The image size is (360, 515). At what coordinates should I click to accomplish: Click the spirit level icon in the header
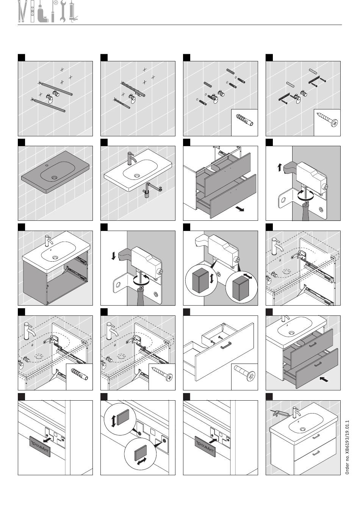(x=33, y=11)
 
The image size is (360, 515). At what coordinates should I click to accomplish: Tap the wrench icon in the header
(x=63, y=11)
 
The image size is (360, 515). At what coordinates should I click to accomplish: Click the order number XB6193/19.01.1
(x=347, y=447)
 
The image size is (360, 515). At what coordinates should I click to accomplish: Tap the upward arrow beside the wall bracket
(x=279, y=167)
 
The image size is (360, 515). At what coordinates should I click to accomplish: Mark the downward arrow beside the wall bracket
(x=113, y=256)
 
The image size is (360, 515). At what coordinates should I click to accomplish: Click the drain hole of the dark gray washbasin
(x=55, y=178)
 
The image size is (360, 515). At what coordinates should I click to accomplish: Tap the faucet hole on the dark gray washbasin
(x=47, y=165)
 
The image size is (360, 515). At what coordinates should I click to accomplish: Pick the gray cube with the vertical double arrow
(x=200, y=280)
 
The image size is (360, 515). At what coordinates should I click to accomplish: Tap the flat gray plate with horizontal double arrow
(x=140, y=453)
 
